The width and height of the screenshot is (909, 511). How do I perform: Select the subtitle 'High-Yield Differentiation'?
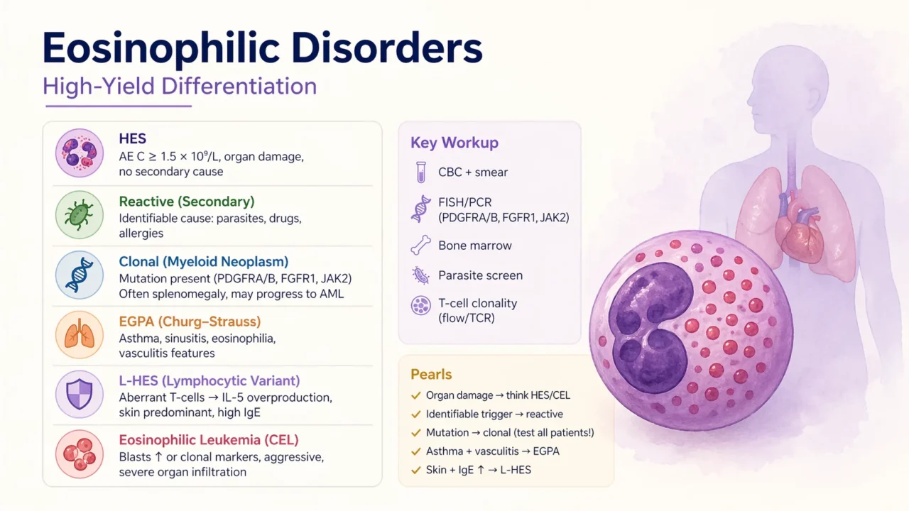click(179, 86)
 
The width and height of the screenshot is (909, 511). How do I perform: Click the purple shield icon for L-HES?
click(79, 395)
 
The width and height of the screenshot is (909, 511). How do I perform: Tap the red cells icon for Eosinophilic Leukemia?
click(79, 454)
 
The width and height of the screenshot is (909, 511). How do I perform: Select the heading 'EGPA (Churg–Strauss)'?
click(190, 322)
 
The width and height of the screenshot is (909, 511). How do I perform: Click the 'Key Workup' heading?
click(454, 143)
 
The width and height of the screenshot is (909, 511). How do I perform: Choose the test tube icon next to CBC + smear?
click(421, 172)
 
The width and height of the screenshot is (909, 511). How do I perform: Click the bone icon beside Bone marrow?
click(421, 246)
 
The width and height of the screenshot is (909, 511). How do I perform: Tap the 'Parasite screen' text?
click(480, 275)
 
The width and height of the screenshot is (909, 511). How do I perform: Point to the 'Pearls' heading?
click(431, 374)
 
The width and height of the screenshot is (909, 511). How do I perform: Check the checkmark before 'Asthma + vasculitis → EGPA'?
click(415, 451)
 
